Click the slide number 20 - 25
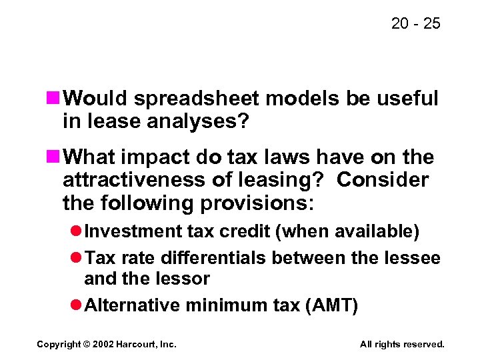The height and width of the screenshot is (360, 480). tap(416, 24)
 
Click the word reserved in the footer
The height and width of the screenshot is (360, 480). tap(422, 344)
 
